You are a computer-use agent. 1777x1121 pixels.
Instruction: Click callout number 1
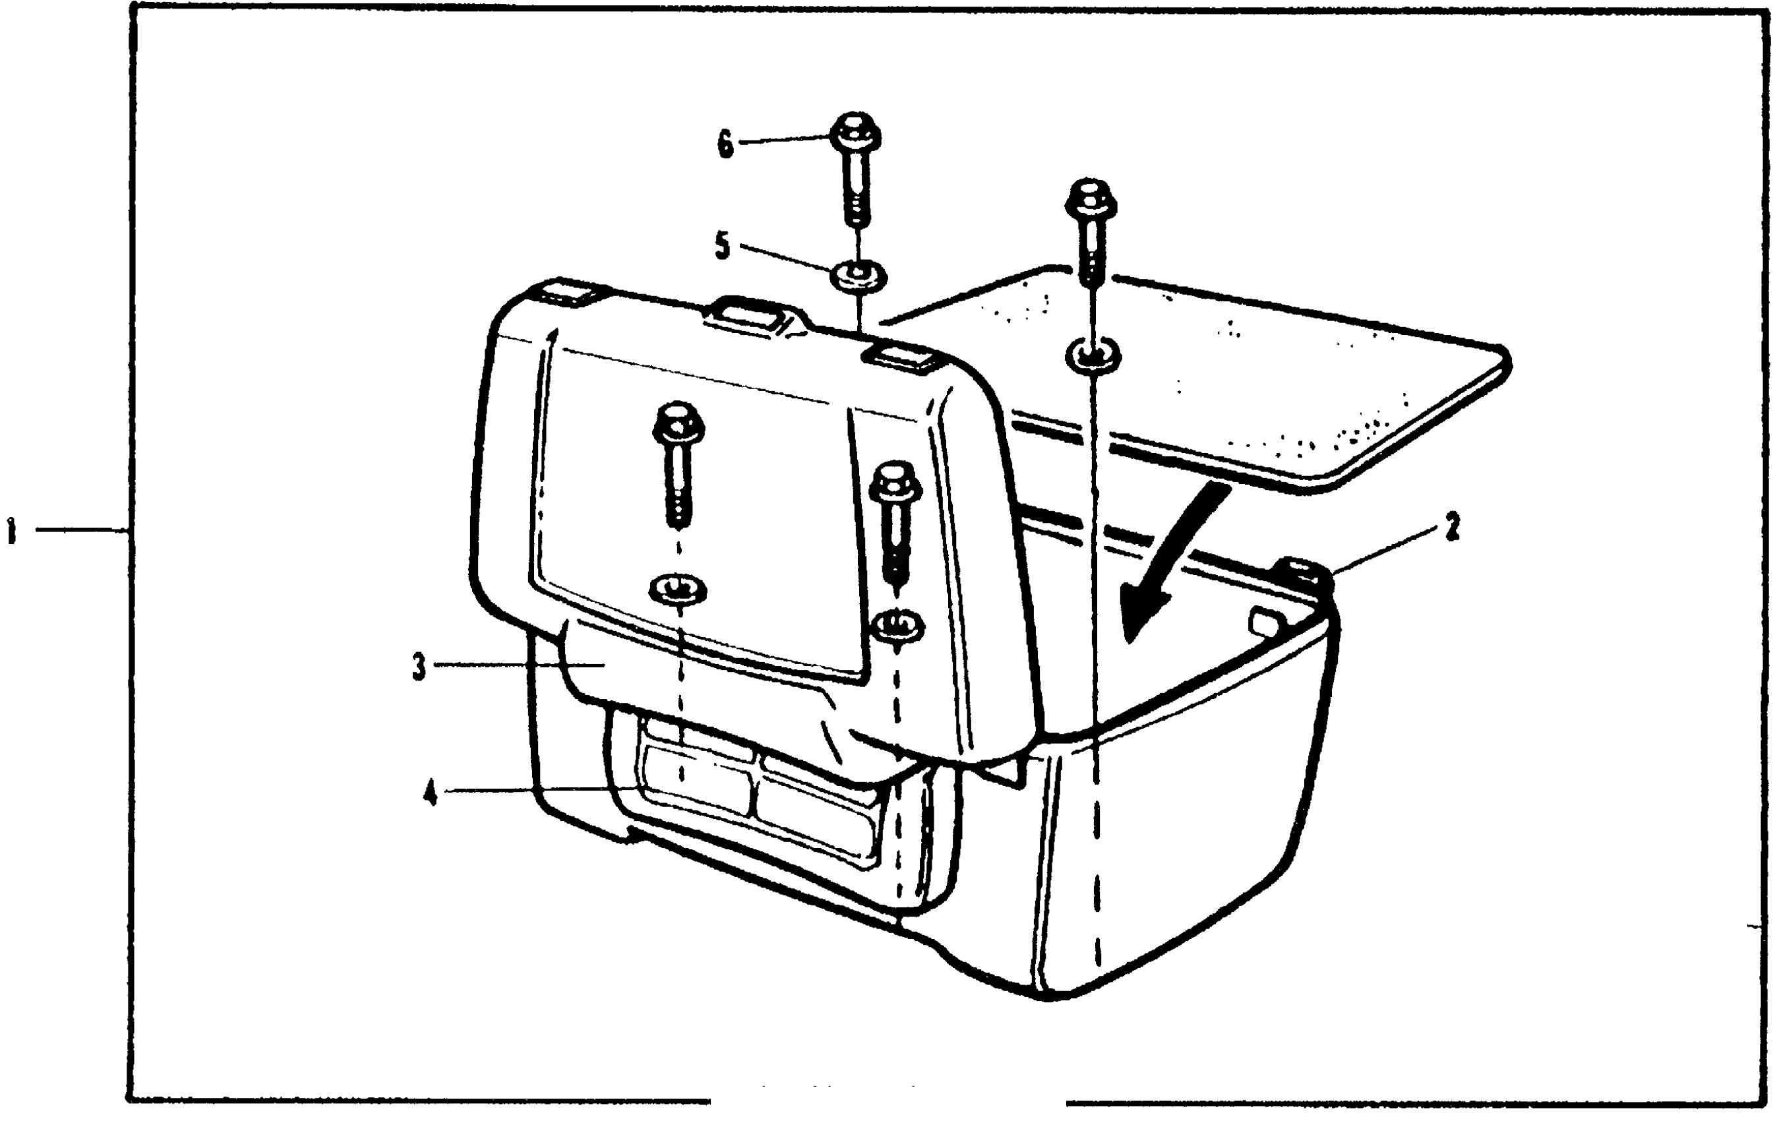pos(12,531)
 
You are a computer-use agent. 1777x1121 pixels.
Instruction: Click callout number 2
pos(1453,528)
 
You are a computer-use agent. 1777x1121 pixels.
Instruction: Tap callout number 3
pos(419,667)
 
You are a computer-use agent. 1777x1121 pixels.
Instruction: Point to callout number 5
pos(723,246)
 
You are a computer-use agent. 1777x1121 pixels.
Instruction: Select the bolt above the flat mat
pos(1091,229)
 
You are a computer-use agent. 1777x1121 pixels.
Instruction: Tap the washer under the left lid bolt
pos(677,589)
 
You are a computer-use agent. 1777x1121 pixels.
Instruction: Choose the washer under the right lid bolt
pos(897,626)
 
